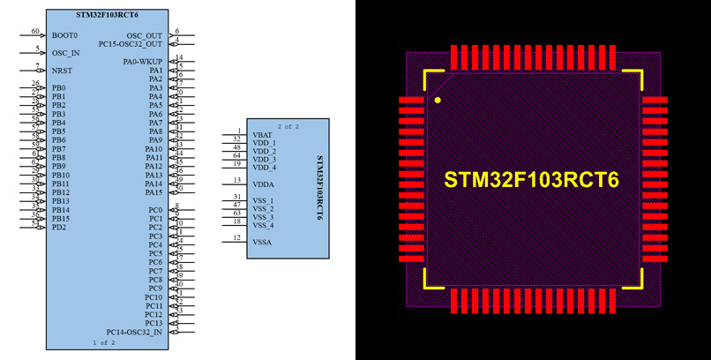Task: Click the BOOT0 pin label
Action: (64, 35)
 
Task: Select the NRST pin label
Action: (62, 70)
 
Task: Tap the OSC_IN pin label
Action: (66, 53)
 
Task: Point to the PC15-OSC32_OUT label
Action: (131, 43)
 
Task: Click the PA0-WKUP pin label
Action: (143, 61)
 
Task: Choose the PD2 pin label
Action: (59, 227)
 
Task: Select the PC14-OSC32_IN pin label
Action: (134, 332)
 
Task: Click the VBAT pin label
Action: (261, 134)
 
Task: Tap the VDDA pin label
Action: (263, 184)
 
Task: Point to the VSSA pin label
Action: (262, 241)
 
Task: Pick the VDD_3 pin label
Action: (265, 159)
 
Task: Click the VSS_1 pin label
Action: (264, 200)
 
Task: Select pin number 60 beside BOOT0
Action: (35, 31)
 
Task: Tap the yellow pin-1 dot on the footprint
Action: (438, 101)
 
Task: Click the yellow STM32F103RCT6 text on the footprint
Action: (531, 180)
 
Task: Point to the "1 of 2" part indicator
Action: (103, 342)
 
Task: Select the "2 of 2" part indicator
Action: (288, 126)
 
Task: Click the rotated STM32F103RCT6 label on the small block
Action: (318, 188)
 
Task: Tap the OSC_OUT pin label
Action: (145, 35)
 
